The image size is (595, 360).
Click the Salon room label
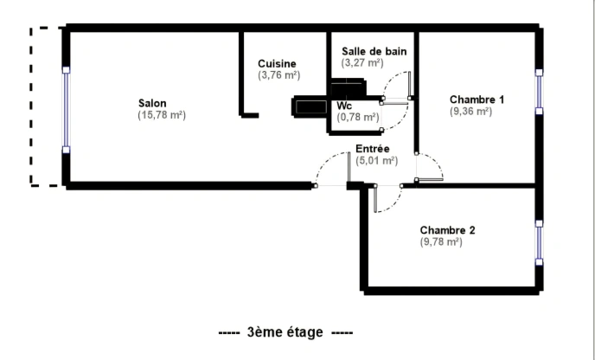[152, 103]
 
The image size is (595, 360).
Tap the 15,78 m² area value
[162, 115]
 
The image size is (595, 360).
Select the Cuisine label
[277, 64]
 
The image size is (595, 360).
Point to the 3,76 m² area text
[278, 75]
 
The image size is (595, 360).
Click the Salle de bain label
[374, 51]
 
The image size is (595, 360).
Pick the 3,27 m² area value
[362, 62]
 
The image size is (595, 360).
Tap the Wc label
[344, 106]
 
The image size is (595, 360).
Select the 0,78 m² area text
[358, 118]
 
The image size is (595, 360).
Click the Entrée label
[373, 149]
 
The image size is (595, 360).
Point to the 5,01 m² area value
[377, 161]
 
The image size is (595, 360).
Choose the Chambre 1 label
[477, 100]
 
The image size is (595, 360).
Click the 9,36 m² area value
[471, 112]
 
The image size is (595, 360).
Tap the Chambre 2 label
[447, 230]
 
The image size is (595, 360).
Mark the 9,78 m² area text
[441, 242]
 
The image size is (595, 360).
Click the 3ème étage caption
[285, 332]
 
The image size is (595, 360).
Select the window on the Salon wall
[66, 110]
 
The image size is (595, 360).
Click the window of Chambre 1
[539, 92]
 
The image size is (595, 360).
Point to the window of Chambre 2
[539, 242]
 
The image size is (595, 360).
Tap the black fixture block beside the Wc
[310, 106]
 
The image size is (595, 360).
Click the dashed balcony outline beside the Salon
[31, 106]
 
